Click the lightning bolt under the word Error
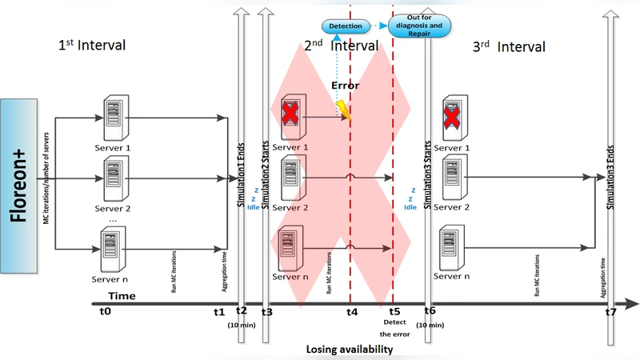click(x=346, y=111)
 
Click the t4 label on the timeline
click(x=351, y=312)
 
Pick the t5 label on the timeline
click(x=394, y=312)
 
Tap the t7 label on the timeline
click(x=611, y=312)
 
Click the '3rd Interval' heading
click(x=510, y=47)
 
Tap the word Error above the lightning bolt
click(x=346, y=84)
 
